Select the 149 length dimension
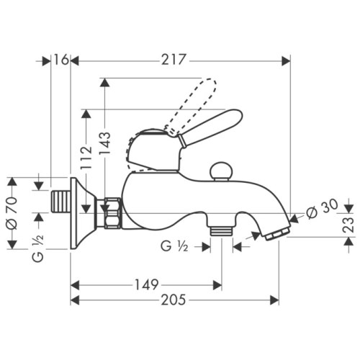pos(146,285)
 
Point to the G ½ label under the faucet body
pos(176,246)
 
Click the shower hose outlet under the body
pos(221,229)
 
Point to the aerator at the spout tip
pos(278,231)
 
